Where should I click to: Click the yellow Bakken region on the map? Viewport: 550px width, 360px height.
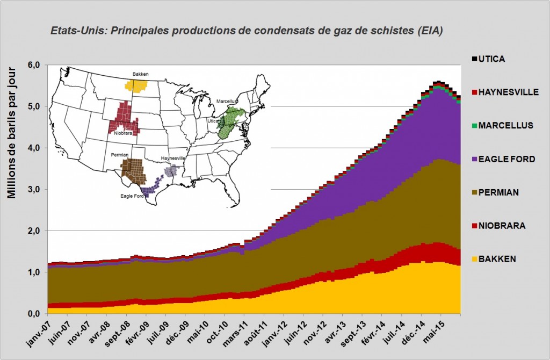pos(136,86)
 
